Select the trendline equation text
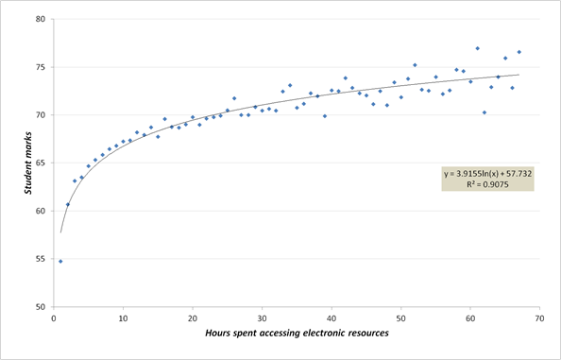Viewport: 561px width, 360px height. point(487,174)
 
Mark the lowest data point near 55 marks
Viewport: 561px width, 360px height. point(60,261)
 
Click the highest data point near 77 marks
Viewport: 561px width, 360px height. point(478,48)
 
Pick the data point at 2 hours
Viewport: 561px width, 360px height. point(68,204)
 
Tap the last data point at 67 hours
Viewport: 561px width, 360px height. point(519,52)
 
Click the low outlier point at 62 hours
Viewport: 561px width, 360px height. point(484,112)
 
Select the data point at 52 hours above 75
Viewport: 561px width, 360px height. point(415,65)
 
